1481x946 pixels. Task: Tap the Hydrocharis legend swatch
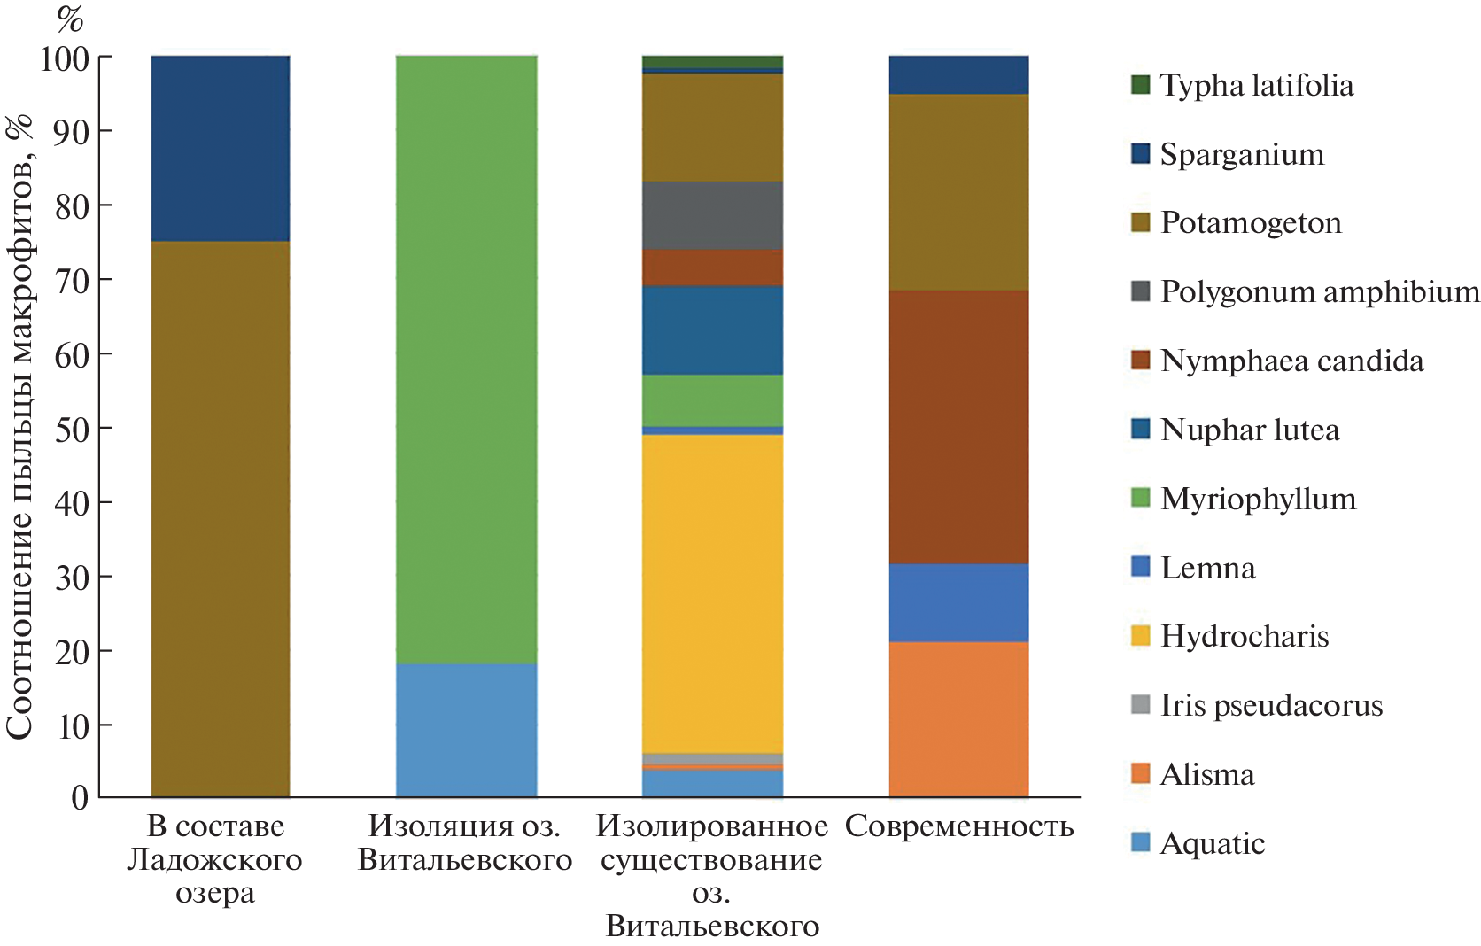point(1141,636)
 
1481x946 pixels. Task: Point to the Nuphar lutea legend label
point(1249,430)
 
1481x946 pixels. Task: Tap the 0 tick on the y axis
point(80,798)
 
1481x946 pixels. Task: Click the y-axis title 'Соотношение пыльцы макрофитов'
point(19,425)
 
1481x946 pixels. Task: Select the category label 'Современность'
point(959,826)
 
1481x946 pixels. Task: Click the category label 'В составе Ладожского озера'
point(215,859)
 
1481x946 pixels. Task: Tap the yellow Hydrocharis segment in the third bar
point(712,593)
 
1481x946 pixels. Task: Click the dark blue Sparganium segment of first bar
point(221,148)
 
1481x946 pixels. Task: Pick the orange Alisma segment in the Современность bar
point(958,719)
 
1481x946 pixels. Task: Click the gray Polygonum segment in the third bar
point(712,215)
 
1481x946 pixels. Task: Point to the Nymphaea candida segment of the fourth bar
point(958,427)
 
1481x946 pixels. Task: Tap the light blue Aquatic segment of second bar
point(466,730)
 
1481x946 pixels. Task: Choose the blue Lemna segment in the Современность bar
point(958,602)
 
